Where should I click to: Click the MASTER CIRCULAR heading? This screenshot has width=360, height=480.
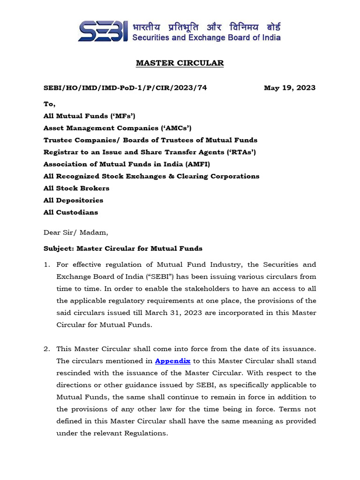click(180, 63)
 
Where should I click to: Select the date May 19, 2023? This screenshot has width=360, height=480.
click(289, 88)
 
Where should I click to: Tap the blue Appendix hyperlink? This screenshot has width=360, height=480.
click(172, 361)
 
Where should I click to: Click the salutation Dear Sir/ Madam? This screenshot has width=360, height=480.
click(75, 232)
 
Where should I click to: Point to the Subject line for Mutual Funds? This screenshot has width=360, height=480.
click(123, 248)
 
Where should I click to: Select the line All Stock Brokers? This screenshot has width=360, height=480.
click(76, 188)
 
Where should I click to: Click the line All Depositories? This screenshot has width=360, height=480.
click(73, 200)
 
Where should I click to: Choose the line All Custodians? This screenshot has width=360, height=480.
click(71, 212)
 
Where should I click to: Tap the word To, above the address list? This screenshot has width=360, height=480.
click(49, 104)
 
